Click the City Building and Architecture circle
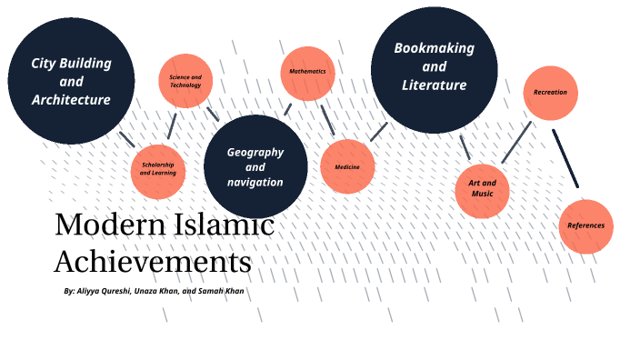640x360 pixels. tap(71, 81)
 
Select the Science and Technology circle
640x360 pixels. tap(185, 82)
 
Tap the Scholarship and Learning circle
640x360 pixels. tap(158, 170)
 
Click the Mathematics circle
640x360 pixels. tap(307, 72)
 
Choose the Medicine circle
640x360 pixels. tap(347, 167)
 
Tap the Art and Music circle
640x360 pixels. tap(482, 188)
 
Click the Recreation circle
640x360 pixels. tap(550, 93)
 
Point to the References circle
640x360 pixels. tap(585, 225)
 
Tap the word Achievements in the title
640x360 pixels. tap(152, 262)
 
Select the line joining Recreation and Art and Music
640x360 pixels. tap(516, 143)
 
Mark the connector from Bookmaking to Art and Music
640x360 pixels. tap(465, 147)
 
